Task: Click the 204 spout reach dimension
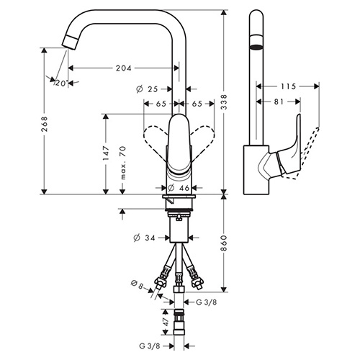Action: pyautogui.click(x=124, y=68)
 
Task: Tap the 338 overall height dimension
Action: pyautogui.click(x=224, y=102)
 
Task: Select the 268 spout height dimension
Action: pyautogui.click(x=45, y=125)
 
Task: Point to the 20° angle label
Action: pyautogui.click(x=61, y=83)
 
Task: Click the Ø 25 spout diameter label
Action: pyautogui.click(x=147, y=89)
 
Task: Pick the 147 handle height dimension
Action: pyautogui.click(x=106, y=153)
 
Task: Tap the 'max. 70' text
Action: pyautogui.click(x=122, y=163)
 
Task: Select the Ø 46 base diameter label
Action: pyautogui.click(x=179, y=188)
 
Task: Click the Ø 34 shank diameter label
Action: pyautogui.click(x=144, y=238)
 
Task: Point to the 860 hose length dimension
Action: pyautogui.click(x=224, y=243)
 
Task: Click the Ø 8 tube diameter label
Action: pyautogui.click(x=138, y=284)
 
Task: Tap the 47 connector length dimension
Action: pyautogui.click(x=166, y=322)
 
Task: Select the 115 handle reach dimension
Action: pyautogui.click(x=288, y=86)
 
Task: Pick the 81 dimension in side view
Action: pyautogui.click(x=279, y=102)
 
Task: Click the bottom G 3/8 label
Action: pyautogui.click(x=149, y=346)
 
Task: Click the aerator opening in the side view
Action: pyautogui.click(x=256, y=47)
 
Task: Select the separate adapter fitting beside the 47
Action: pyautogui.click(x=179, y=322)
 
